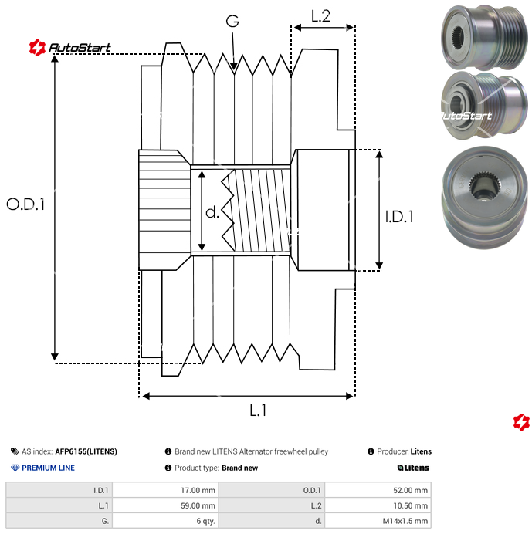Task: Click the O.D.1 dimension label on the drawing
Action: [x=26, y=204]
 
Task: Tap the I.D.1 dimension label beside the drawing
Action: [x=399, y=217]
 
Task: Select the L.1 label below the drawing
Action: [x=258, y=411]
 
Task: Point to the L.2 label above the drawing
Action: [x=320, y=15]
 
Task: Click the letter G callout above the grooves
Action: [x=232, y=22]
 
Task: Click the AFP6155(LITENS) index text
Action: [x=86, y=451]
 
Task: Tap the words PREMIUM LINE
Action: [x=48, y=468]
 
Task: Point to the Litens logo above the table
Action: [x=413, y=468]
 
